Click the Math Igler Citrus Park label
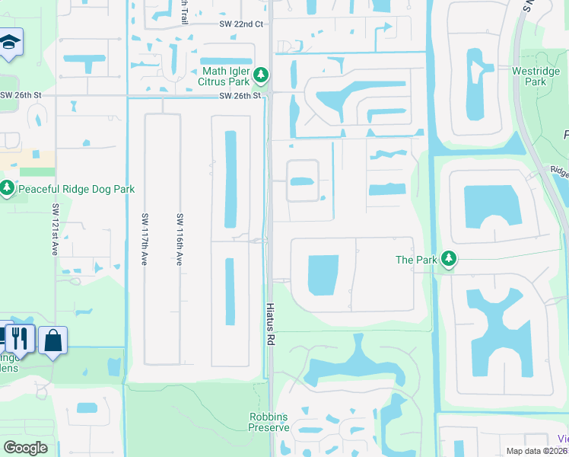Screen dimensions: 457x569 coord(225,74)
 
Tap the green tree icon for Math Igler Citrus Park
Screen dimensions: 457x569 coord(261,74)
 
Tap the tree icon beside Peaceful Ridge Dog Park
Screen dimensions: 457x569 coord(8,187)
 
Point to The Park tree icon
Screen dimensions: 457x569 coord(450,260)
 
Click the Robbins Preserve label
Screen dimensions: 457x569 coord(269,422)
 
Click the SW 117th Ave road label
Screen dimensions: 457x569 coord(144,239)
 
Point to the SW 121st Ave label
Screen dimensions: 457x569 coord(56,229)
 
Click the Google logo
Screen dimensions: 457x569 coord(25,448)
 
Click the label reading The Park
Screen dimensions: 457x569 coord(416,260)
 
